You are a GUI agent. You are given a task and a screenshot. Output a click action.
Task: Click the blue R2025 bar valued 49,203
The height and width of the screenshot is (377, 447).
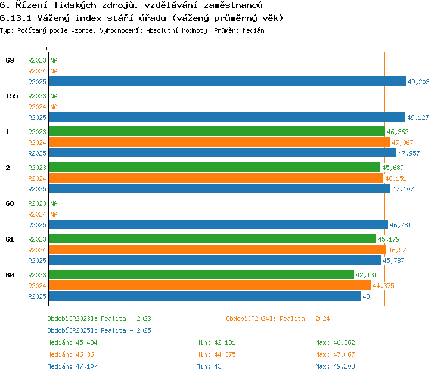227,81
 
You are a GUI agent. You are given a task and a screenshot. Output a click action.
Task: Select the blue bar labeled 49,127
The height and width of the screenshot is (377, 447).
227,117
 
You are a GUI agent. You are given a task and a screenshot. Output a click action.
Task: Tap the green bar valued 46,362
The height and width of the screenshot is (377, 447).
217,132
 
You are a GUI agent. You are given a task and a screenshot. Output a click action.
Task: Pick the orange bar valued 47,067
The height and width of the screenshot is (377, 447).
219,142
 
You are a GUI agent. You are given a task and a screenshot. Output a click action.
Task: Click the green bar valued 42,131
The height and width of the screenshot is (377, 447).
201,274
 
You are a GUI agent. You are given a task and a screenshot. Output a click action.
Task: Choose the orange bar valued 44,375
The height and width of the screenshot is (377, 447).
210,285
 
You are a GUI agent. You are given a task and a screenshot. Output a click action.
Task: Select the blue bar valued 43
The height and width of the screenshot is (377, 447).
204,296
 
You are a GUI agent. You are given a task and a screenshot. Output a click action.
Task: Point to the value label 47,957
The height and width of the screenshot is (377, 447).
409,153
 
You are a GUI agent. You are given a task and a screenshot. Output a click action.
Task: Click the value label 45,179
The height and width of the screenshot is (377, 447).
389,239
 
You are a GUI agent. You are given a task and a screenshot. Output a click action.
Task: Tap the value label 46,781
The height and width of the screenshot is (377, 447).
401,225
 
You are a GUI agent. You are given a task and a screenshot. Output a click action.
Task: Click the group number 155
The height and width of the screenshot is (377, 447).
12,96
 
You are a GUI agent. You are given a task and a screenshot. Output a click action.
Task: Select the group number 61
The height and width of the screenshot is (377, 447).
10,239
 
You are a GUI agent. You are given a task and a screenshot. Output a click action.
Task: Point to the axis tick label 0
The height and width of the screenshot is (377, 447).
48,48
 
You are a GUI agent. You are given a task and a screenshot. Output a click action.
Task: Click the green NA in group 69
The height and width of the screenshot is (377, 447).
54,60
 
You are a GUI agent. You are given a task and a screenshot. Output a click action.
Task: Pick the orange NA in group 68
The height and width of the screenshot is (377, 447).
54,214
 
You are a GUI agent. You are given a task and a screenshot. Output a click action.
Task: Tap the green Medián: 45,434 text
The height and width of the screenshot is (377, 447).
72,342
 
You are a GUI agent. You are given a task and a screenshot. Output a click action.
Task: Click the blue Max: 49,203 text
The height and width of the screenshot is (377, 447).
335,366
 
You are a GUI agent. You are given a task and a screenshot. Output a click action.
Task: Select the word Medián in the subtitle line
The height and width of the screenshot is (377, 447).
253,30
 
